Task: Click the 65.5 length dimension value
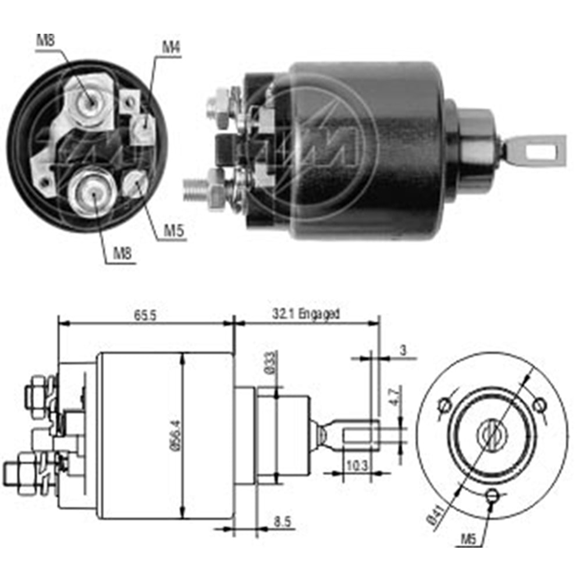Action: click(x=145, y=315)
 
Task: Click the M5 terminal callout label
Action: click(x=174, y=232)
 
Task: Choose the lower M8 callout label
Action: click(x=123, y=253)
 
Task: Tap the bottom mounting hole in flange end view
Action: click(x=492, y=496)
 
